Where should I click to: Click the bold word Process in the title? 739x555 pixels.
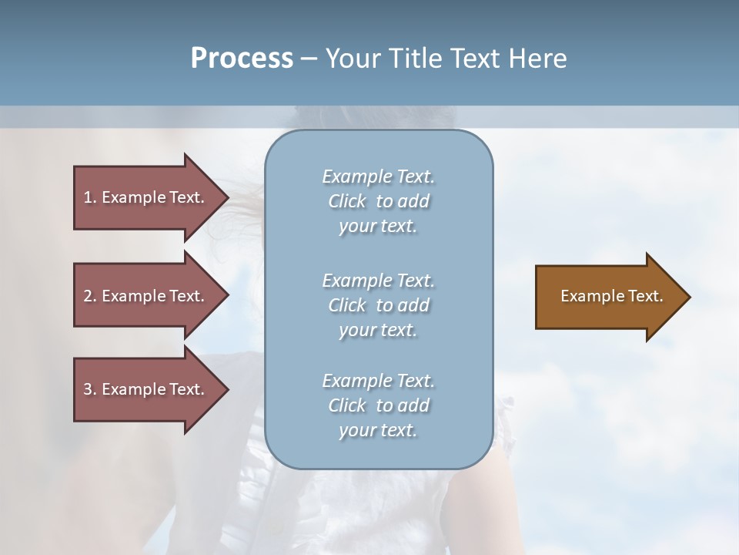(x=242, y=59)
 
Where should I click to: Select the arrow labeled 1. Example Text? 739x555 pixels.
(x=146, y=197)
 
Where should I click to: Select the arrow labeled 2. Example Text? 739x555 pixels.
(x=146, y=296)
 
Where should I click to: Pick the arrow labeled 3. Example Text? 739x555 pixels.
(x=146, y=389)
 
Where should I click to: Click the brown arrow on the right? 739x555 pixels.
(x=608, y=297)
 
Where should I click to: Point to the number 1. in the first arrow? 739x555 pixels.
(x=89, y=197)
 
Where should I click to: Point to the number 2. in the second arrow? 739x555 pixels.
(x=89, y=296)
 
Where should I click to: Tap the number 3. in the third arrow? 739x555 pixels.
(x=89, y=389)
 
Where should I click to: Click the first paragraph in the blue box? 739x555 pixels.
(x=378, y=201)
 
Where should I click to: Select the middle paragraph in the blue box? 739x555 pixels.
(x=378, y=305)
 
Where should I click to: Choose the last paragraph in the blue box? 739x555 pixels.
(x=378, y=405)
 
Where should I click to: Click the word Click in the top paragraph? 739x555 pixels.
(x=347, y=201)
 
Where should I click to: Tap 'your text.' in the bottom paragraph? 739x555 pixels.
(x=378, y=430)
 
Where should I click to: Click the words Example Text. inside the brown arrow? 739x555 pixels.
(x=611, y=296)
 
